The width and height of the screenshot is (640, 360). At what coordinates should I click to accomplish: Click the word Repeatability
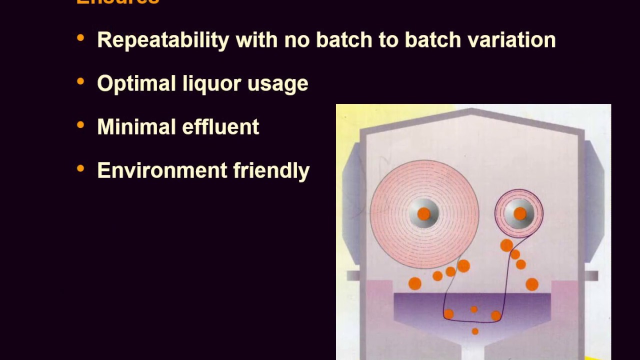coord(163,40)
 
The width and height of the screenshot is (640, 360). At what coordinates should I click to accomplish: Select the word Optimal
coord(136,83)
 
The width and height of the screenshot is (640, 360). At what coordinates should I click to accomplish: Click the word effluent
coord(220,127)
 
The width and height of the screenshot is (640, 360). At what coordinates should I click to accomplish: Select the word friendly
coord(271,170)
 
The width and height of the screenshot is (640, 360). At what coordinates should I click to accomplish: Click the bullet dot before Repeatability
coord(80,38)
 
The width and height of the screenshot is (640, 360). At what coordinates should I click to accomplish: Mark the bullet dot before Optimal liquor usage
coord(80,81)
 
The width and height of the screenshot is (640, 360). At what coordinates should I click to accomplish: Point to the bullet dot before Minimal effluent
coord(80,125)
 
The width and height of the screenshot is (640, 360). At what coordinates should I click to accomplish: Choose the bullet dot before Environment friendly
coord(80,168)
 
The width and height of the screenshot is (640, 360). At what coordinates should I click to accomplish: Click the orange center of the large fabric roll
coord(423,214)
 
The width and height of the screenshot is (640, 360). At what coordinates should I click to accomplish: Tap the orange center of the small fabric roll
coord(519,214)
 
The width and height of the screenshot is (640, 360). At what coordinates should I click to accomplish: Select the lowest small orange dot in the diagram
coord(475,331)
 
